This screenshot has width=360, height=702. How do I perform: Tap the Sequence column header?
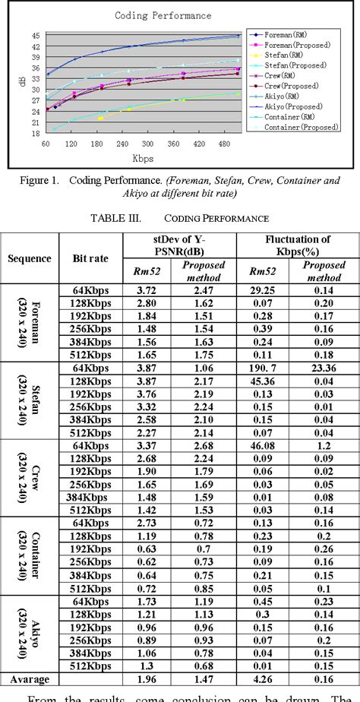click(x=30, y=258)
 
